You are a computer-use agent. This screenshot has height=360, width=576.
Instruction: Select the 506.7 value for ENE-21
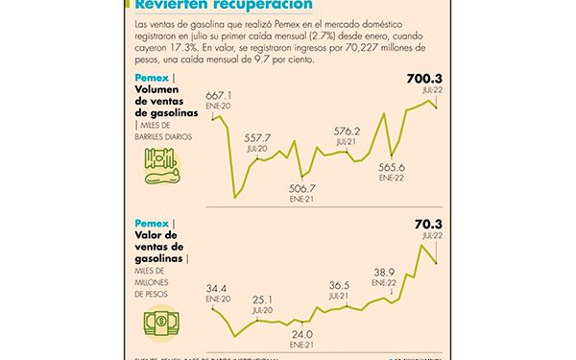301,188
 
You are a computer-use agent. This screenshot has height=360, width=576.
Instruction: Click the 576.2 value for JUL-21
346,132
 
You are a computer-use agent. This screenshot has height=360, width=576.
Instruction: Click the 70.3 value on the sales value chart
427,225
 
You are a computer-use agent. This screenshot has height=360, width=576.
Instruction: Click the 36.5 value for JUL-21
339,286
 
